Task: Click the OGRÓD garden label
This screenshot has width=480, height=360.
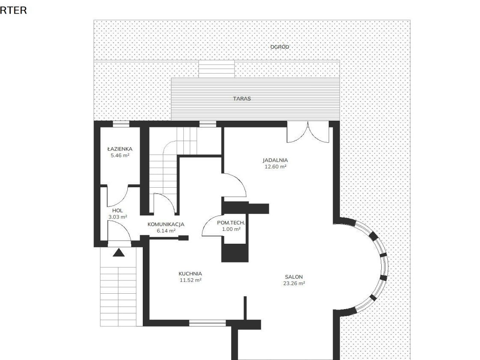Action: [280, 47]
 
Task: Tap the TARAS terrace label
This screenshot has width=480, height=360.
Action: [242, 99]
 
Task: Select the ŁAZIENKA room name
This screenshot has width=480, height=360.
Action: [120, 149]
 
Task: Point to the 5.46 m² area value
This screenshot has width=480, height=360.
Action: [120, 155]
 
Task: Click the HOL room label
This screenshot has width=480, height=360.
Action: [118, 211]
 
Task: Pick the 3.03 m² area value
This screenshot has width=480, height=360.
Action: [118, 217]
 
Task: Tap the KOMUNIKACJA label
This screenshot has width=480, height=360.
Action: [166, 224]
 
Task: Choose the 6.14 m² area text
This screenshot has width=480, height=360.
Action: [166, 230]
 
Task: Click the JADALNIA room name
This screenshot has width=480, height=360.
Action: [275, 160]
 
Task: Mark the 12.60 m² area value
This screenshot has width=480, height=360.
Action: [275, 166]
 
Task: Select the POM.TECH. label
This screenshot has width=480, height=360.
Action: [231, 223]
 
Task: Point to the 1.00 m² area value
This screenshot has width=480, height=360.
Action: [231, 229]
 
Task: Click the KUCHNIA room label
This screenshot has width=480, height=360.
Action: [190, 274]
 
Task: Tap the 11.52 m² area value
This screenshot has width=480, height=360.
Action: [190, 280]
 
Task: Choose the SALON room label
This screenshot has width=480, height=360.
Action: [294, 277]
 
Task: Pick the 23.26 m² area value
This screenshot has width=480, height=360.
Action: [294, 283]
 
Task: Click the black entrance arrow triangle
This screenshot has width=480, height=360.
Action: [119, 253]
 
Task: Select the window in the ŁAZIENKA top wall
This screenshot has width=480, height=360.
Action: [121, 124]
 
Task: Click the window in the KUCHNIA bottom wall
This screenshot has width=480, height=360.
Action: [208, 323]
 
